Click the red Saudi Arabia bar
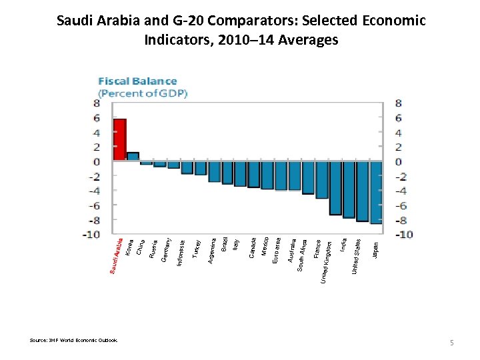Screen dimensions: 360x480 [119, 139]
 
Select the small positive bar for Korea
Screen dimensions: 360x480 [133, 157]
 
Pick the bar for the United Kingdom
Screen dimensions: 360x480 [335, 188]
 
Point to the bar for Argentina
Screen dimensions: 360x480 [214, 171]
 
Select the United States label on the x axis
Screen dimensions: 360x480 [357, 256]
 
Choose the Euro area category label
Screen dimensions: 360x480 [277, 250]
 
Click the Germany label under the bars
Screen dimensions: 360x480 [167, 249]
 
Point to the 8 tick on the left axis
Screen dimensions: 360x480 [97, 103]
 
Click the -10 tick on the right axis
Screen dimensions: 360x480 [404, 234]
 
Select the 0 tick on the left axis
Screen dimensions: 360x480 [97, 161]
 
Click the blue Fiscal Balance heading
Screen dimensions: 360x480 [138, 81]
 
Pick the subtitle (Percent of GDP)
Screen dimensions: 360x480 [143, 93]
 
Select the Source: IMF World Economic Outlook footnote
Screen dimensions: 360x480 [73, 340]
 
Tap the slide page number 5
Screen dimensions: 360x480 [451, 343]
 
